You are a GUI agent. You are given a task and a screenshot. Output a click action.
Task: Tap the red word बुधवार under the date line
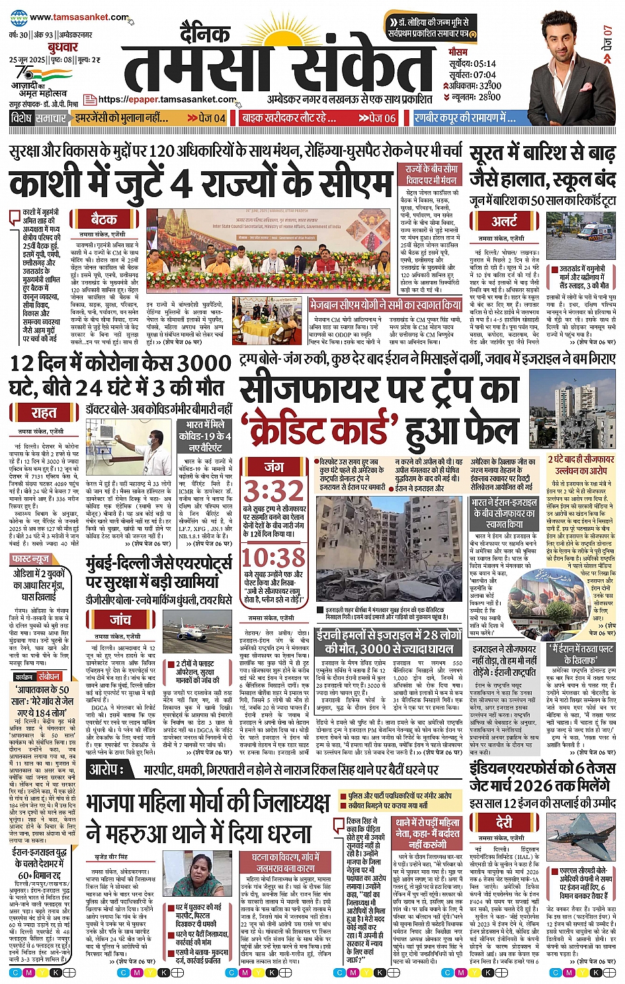[x=63, y=47]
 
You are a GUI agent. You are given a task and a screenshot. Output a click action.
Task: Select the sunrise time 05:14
[x=483, y=64]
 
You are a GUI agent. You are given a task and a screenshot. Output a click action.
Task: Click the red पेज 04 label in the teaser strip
[x=207, y=118]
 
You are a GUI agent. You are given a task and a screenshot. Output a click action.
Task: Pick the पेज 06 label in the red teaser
[x=377, y=118]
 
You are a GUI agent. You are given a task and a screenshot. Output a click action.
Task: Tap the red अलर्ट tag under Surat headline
[x=504, y=221]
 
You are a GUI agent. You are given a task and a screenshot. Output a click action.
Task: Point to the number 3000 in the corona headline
[x=196, y=364]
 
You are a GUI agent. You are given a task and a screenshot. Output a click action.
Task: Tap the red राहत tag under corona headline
[x=44, y=413]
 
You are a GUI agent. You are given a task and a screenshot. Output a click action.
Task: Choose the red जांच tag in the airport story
[x=120, y=620]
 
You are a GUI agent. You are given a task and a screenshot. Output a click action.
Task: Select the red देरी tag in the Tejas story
[x=504, y=822]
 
